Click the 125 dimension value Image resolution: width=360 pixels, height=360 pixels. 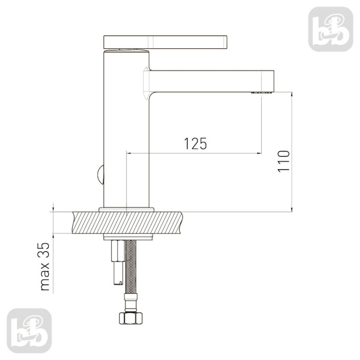195,143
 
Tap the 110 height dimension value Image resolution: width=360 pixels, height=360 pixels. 283,161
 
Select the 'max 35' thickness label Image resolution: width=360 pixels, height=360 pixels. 45,266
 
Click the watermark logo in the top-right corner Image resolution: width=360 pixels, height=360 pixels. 331,29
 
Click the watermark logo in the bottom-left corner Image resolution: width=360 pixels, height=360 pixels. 29,331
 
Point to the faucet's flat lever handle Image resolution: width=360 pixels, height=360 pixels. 165,42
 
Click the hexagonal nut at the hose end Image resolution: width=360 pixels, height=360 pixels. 131,318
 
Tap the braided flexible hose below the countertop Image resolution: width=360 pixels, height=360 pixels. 131,266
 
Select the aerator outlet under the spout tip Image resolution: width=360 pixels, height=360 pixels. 261,93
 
